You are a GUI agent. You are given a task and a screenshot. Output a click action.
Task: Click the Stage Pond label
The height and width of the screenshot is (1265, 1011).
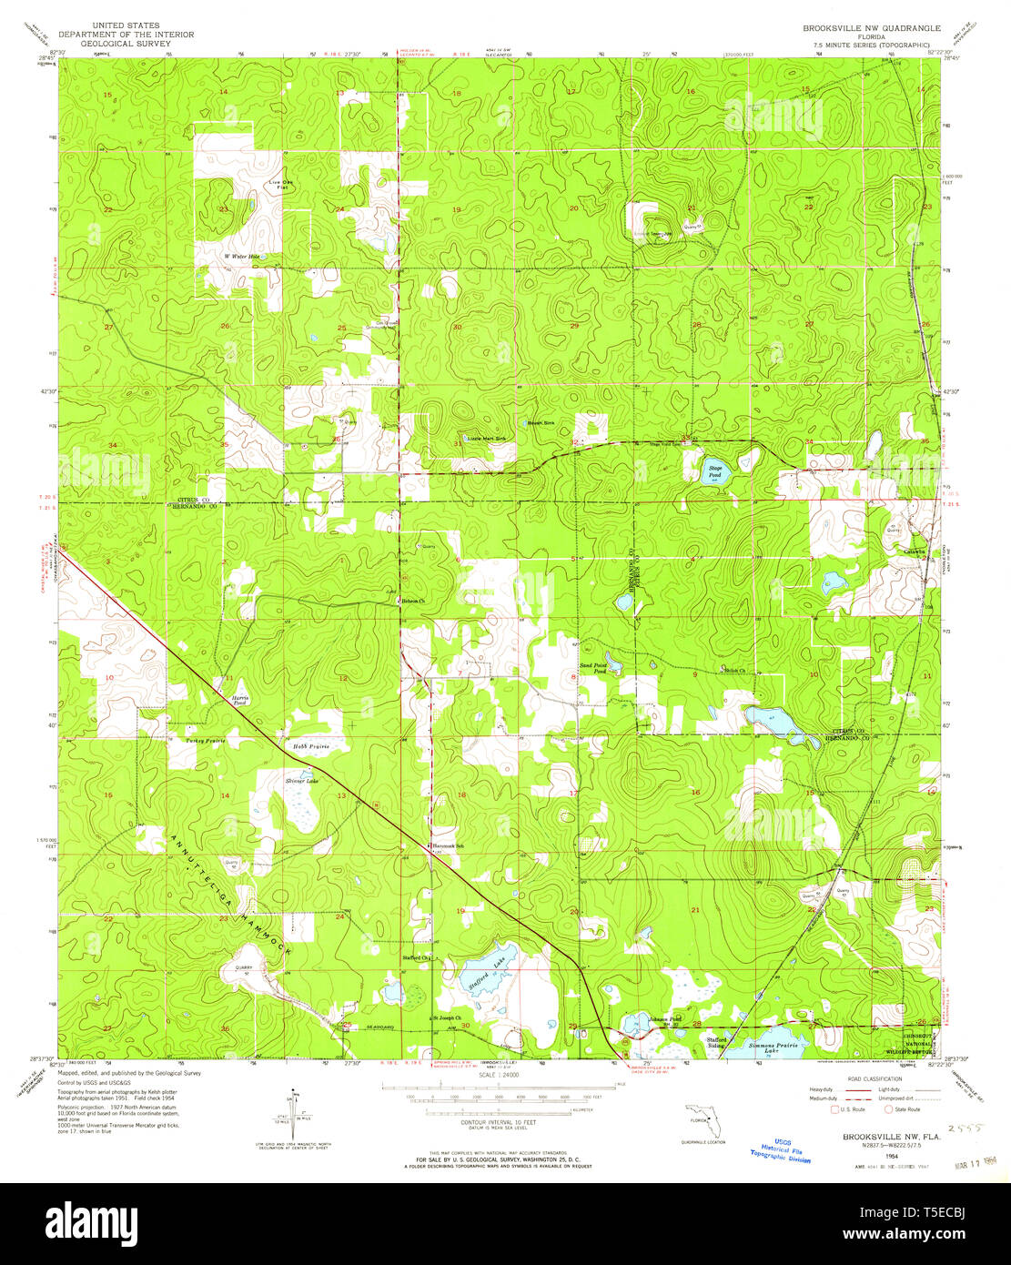[x=715, y=471]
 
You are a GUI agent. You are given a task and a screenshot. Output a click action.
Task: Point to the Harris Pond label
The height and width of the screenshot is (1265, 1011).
[x=240, y=700]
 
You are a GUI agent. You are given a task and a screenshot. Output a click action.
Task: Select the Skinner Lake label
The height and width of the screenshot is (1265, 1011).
[x=301, y=781]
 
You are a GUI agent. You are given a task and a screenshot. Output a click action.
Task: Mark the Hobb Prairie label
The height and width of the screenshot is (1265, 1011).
[x=310, y=746]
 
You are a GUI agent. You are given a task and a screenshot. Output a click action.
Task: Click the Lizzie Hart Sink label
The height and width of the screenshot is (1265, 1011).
[x=487, y=439]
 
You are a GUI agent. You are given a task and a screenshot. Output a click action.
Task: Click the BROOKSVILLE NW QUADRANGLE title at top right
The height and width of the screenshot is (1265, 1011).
[x=871, y=28]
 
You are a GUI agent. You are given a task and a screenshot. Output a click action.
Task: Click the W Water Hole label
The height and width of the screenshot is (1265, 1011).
[x=242, y=257]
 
